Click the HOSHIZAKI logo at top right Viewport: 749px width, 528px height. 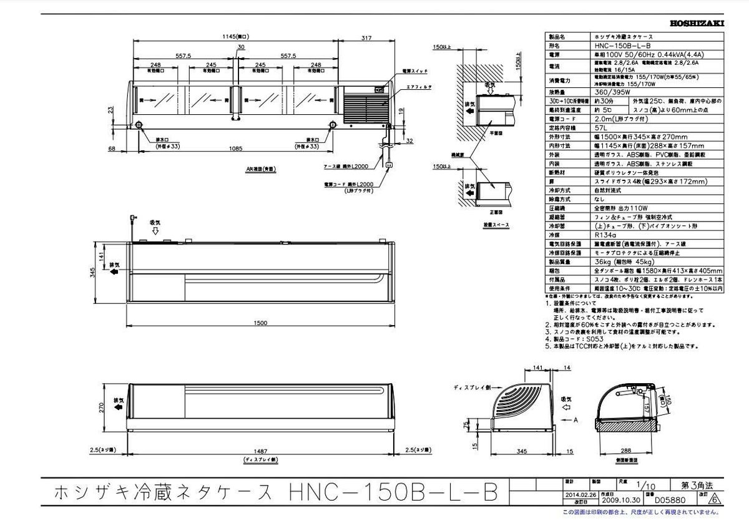[x=697, y=23]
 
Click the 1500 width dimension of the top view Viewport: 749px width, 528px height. [x=260, y=323]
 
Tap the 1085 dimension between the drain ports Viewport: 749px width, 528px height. [x=235, y=148]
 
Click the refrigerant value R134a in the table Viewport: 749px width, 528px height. [x=605, y=235]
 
